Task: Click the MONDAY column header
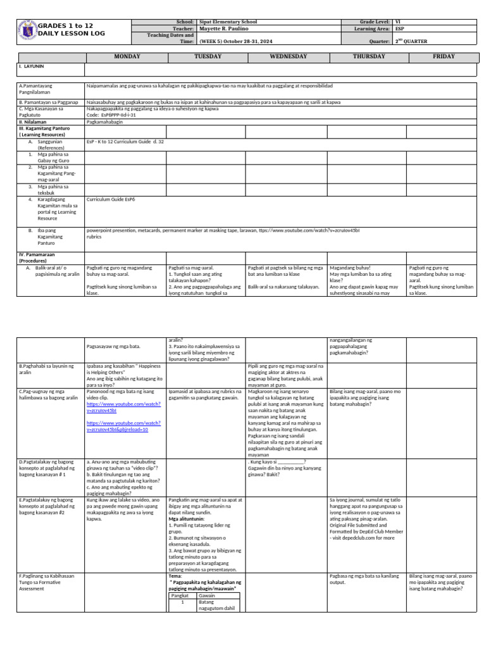pos(127,56)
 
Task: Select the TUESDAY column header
pos(208,56)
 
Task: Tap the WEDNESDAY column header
pos(288,56)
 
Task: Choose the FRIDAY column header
pos(444,56)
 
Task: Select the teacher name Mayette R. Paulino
pos(225,29)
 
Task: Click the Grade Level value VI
pos(397,22)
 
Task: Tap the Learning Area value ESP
pos(399,29)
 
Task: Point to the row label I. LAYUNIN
pos(31,66)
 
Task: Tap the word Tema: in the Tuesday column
pos(175,576)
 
